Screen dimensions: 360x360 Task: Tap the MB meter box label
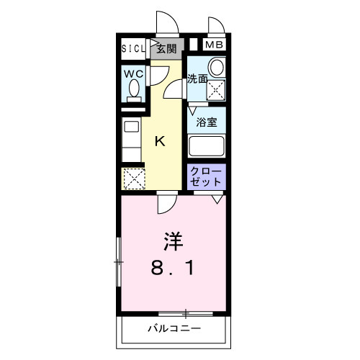[x=214, y=45]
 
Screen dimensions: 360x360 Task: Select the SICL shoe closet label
[x=132, y=49]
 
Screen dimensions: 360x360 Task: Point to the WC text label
[x=132, y=73]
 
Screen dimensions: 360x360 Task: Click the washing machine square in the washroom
[x=215, y=90]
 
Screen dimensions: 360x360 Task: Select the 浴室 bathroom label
[x=207, y=122]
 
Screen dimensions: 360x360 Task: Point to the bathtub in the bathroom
[x=207, y=146]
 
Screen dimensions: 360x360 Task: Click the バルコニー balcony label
[x=174, y=328]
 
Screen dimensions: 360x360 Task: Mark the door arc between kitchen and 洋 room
[x=165, y=205]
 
